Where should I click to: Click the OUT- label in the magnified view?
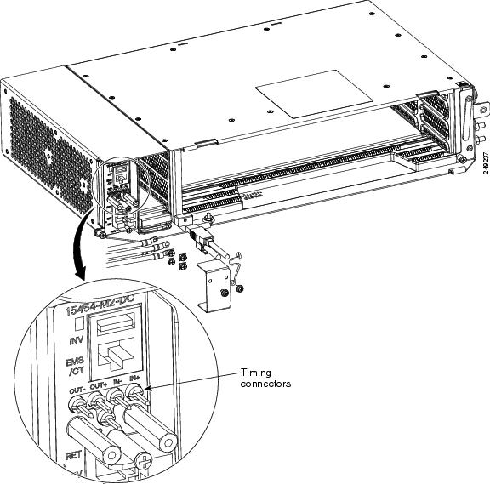coord(75,388)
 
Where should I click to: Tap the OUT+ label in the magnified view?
coord(96,386)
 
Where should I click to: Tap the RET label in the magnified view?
coord(74,456)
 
